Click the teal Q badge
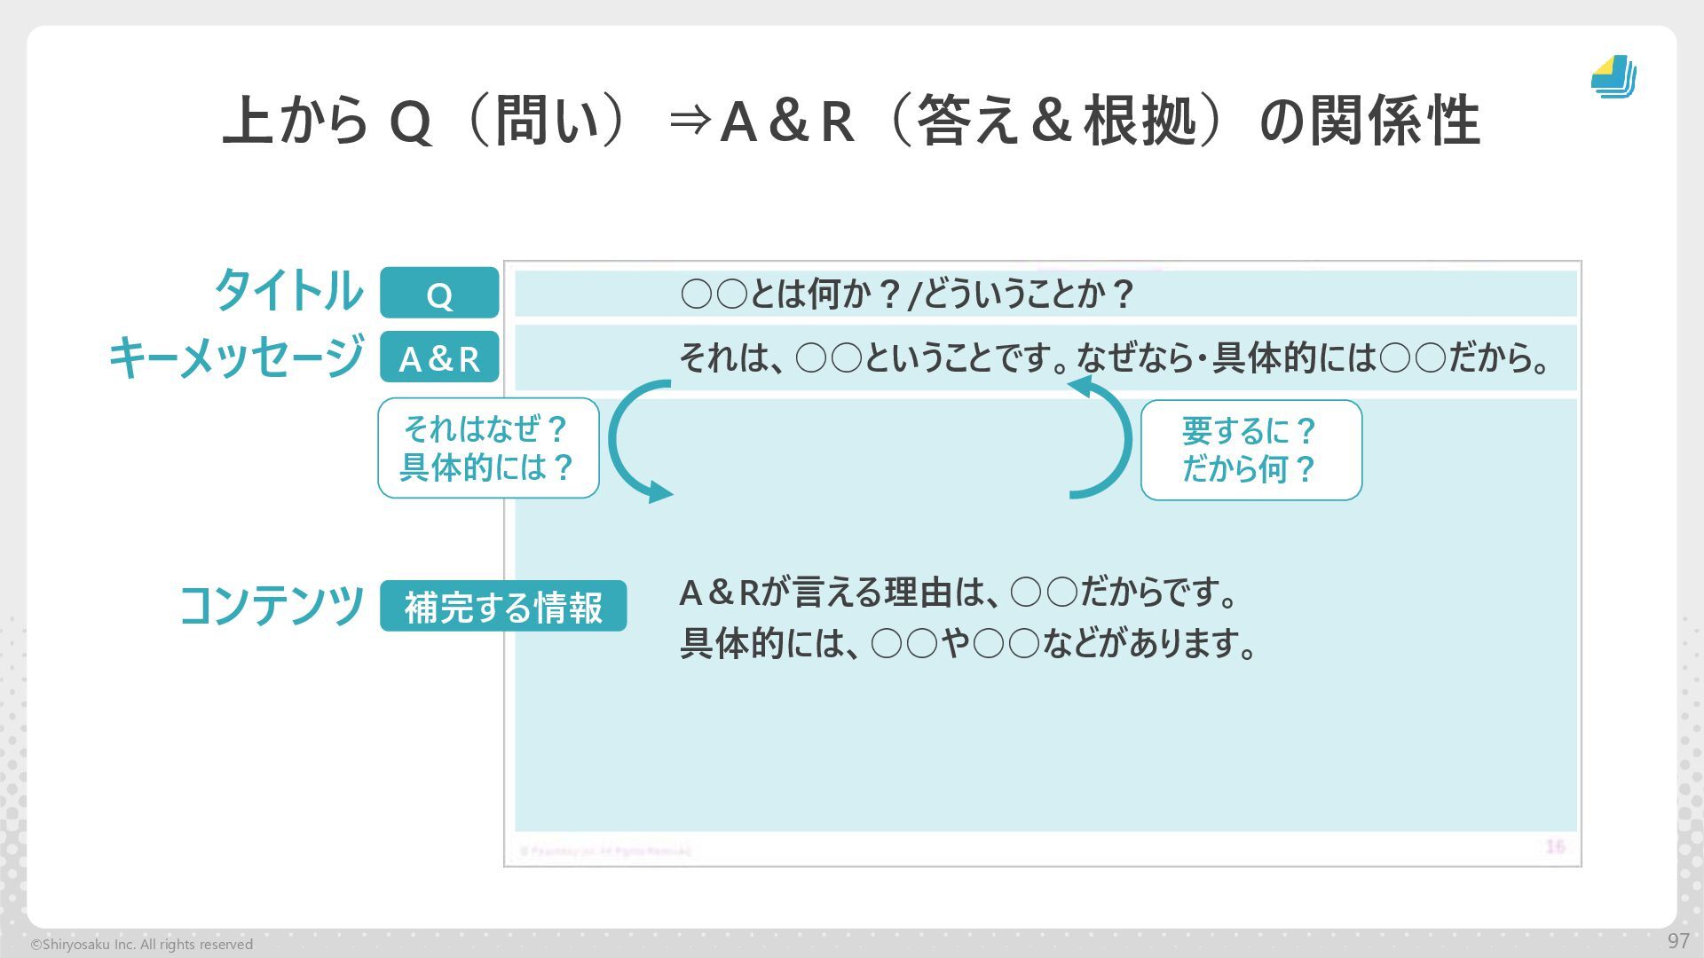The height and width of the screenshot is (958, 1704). click(x=439, y=293)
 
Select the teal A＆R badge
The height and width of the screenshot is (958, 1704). click(x=439, y=357)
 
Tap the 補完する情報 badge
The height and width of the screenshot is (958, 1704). click(x=503, y=607)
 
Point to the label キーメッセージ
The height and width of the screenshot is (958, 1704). click(x=236, y=357)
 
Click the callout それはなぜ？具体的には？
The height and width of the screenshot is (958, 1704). click(x=488, y=448)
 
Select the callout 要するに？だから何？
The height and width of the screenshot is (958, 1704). click(x=1250, y=450)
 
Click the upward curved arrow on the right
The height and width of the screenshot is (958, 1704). click(x=1106, y=439)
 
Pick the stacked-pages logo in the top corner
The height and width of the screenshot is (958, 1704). click(x=1613, y=77)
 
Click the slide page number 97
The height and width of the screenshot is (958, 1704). click(x=1678, y=941)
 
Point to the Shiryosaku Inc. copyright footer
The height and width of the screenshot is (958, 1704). click(x=142, y=945)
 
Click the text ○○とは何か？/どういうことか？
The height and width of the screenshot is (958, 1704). click(x=906, y=294)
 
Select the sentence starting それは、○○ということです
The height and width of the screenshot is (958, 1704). click(x=1114, y=358)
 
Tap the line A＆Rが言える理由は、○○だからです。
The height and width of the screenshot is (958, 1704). click(x=958, y=593)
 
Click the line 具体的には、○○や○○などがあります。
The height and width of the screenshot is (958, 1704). click(x=968, y=643)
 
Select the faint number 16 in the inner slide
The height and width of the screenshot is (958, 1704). click(x=1555, y=846)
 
